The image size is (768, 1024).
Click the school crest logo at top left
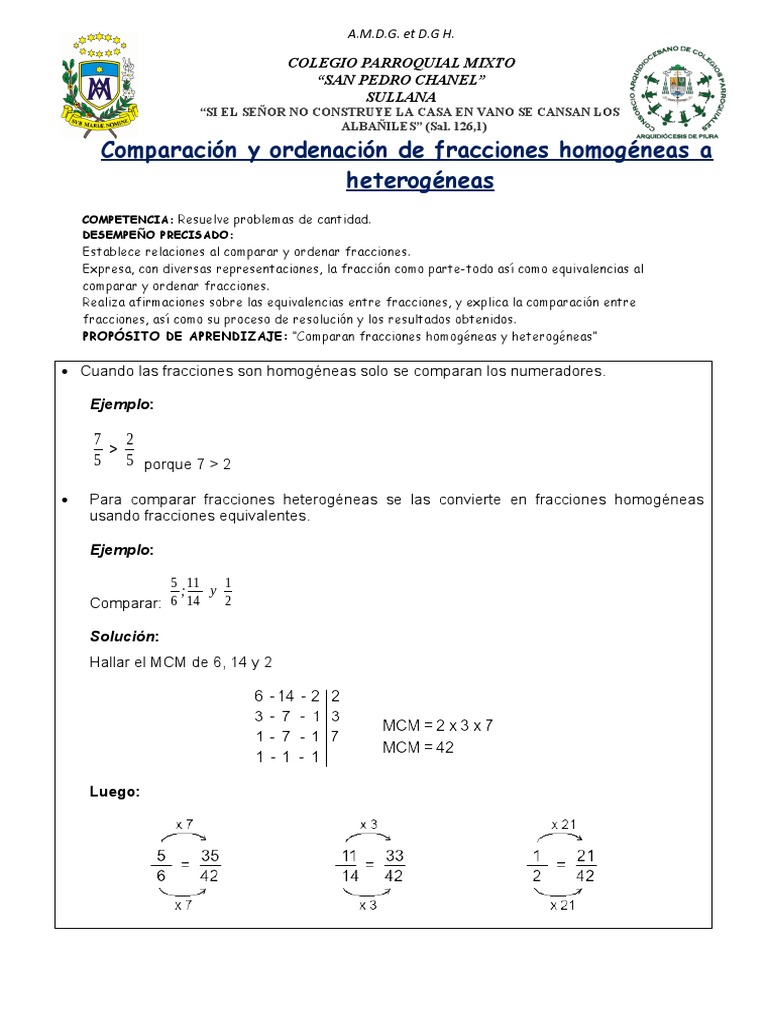coord(98,84)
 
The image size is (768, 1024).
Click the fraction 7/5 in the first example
coord(97,450)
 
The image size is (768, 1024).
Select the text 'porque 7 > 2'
coord(187,465)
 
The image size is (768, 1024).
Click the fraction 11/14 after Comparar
coord(194,592)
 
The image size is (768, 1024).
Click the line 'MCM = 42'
coord(418,747)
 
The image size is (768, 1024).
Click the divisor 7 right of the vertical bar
coord(336,736)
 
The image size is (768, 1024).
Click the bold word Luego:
coord(115,791)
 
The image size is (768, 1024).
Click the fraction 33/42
coord(393,865)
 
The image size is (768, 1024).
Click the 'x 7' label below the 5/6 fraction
coord(184,905)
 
